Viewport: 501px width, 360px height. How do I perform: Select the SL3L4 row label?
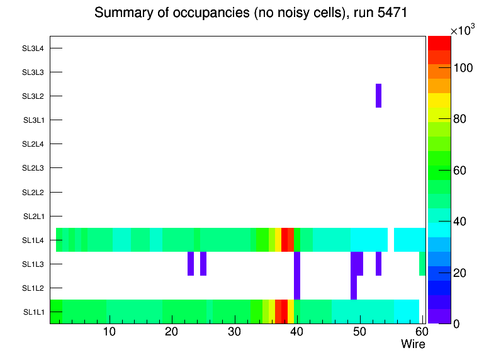[33, 48]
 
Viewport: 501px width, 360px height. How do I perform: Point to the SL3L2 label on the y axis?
[33, 96]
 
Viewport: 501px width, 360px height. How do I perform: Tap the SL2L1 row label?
[33, 217]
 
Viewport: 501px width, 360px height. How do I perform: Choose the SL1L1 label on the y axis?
[33, 312]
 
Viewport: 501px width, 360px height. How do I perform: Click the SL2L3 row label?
[33, 168]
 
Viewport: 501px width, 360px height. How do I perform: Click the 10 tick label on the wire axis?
[110, 332]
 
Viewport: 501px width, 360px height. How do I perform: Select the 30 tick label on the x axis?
[234, 332]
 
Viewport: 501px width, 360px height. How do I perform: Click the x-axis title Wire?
[413, 344]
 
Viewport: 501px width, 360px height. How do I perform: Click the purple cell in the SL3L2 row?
[378, 96]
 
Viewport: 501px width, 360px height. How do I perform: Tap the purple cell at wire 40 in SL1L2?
[297, 288]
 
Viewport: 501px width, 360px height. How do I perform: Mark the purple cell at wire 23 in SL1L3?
[191, 264]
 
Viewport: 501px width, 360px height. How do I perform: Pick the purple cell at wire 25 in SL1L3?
[203, 264]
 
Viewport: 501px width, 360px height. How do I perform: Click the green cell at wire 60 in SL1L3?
[422, 264]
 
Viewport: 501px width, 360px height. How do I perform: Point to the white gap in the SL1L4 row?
[391, 240]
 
